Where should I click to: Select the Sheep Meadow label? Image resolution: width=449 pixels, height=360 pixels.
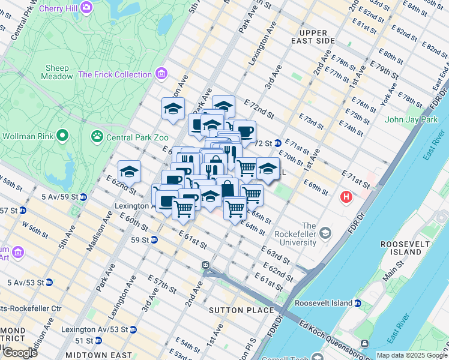tap(55, 72)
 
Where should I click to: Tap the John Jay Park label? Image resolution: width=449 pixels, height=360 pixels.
tap(411, 119)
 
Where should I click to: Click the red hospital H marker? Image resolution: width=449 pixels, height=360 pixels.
tap(346, 196)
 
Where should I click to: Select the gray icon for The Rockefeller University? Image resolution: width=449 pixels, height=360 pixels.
tap(325, 232)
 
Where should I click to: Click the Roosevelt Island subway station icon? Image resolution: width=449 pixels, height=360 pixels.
tap(358, 303)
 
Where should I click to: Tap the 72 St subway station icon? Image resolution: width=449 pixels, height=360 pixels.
tap(278, 143)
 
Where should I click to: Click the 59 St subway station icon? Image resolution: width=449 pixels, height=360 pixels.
tap(154, 240)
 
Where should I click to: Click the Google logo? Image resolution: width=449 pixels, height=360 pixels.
tap(19, 352)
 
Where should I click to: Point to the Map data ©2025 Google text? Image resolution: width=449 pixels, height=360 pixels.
tap(411, 355)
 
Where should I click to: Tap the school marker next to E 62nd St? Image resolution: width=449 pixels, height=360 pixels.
tap(128, 172)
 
